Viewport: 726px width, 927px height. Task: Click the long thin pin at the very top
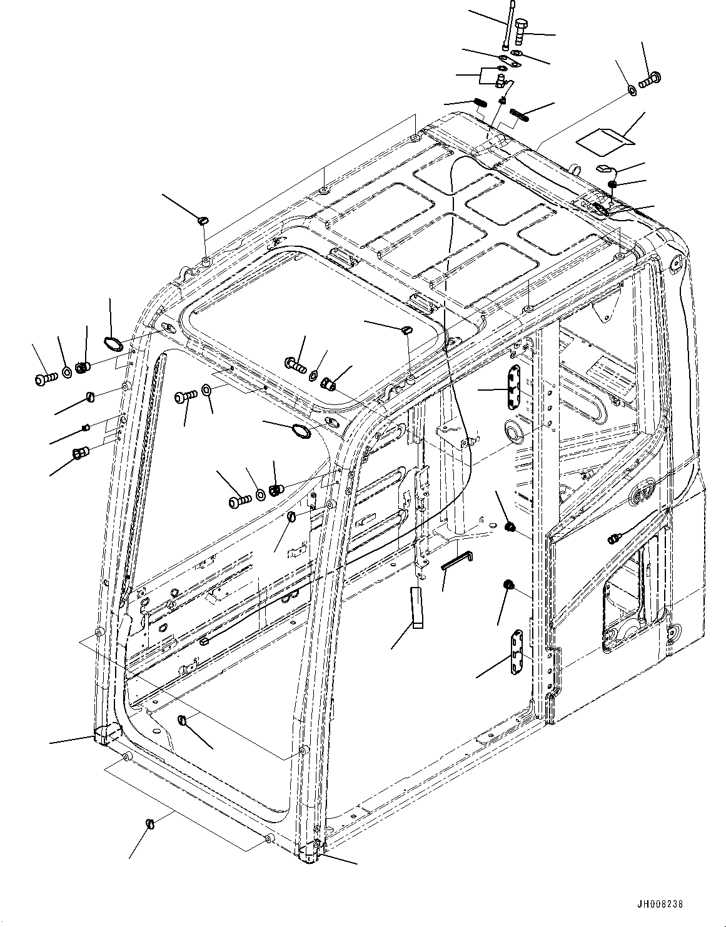(509, 27)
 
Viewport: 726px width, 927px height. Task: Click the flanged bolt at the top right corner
(653, 79)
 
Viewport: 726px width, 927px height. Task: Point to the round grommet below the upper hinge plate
(515, 431)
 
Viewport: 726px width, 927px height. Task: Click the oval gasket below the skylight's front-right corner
(301, 431)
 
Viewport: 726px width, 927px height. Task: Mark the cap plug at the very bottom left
(150, 824)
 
